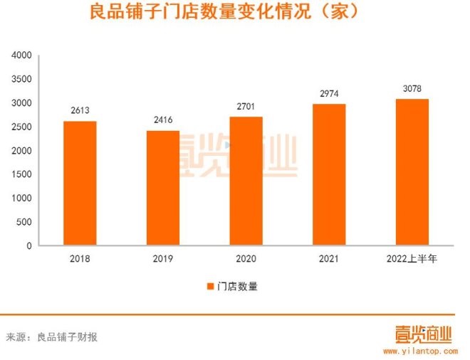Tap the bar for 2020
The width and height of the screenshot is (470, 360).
[246, 181]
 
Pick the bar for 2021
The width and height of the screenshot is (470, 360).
[328, 174]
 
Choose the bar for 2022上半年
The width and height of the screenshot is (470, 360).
[412, 172]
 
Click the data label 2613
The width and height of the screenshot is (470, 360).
[80, 111]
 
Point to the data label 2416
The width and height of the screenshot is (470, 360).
[162, 120]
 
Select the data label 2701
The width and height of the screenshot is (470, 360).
[246, 107]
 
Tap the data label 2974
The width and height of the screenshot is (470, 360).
[328, 94]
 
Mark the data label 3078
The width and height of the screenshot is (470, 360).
[412, 89]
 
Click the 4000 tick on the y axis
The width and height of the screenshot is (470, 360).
[23, 55]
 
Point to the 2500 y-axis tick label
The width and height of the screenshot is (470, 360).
[23, 127]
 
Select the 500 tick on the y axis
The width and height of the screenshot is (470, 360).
[26, 222]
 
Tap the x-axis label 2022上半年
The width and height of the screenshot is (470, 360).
[412, 259]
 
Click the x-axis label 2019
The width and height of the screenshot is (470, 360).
[162, 259]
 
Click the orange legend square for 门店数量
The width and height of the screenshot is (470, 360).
[210, 287]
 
